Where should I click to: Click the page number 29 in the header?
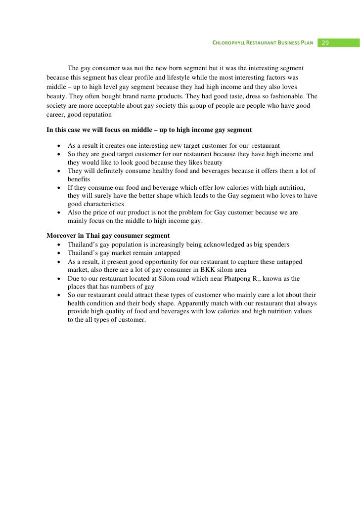click(x=325, y=43)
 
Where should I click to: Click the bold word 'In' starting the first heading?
click(x=50, y=130)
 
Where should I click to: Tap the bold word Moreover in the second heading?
click(x=62, y=236)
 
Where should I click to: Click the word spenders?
click(x=276, y=245)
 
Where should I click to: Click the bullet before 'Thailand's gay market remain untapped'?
click(x=59, y=253)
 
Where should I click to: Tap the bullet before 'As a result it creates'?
click(x=59, y=146)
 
